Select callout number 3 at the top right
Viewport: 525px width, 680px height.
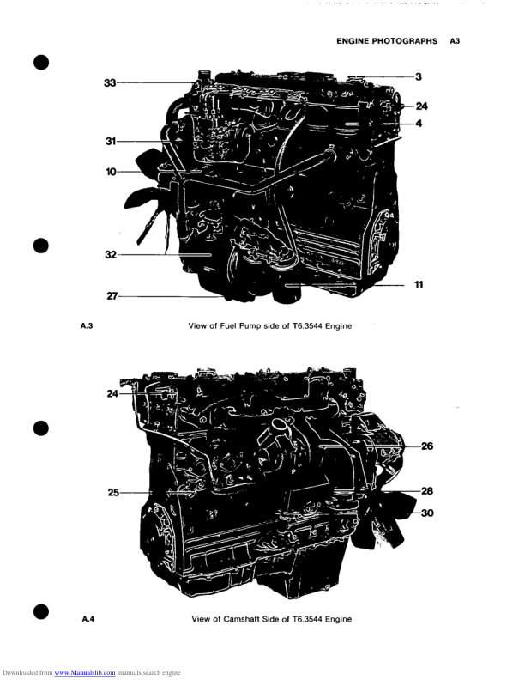(418, 77)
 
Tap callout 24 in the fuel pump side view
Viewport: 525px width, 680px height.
(421, 106)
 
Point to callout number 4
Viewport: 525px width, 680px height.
(419, 124)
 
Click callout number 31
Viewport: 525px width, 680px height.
(111, 141)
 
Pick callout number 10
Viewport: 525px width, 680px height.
(111, 172)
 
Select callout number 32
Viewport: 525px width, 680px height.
(111, 255)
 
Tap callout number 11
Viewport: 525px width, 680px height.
(419, 284)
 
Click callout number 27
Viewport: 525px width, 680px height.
(112, 297)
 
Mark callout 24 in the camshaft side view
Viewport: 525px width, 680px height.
(112, 394)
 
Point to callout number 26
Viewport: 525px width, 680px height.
(427, 446)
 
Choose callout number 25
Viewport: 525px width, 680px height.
(112, 493)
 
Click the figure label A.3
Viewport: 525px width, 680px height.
(86, 326)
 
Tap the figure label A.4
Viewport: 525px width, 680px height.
(87, 618)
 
